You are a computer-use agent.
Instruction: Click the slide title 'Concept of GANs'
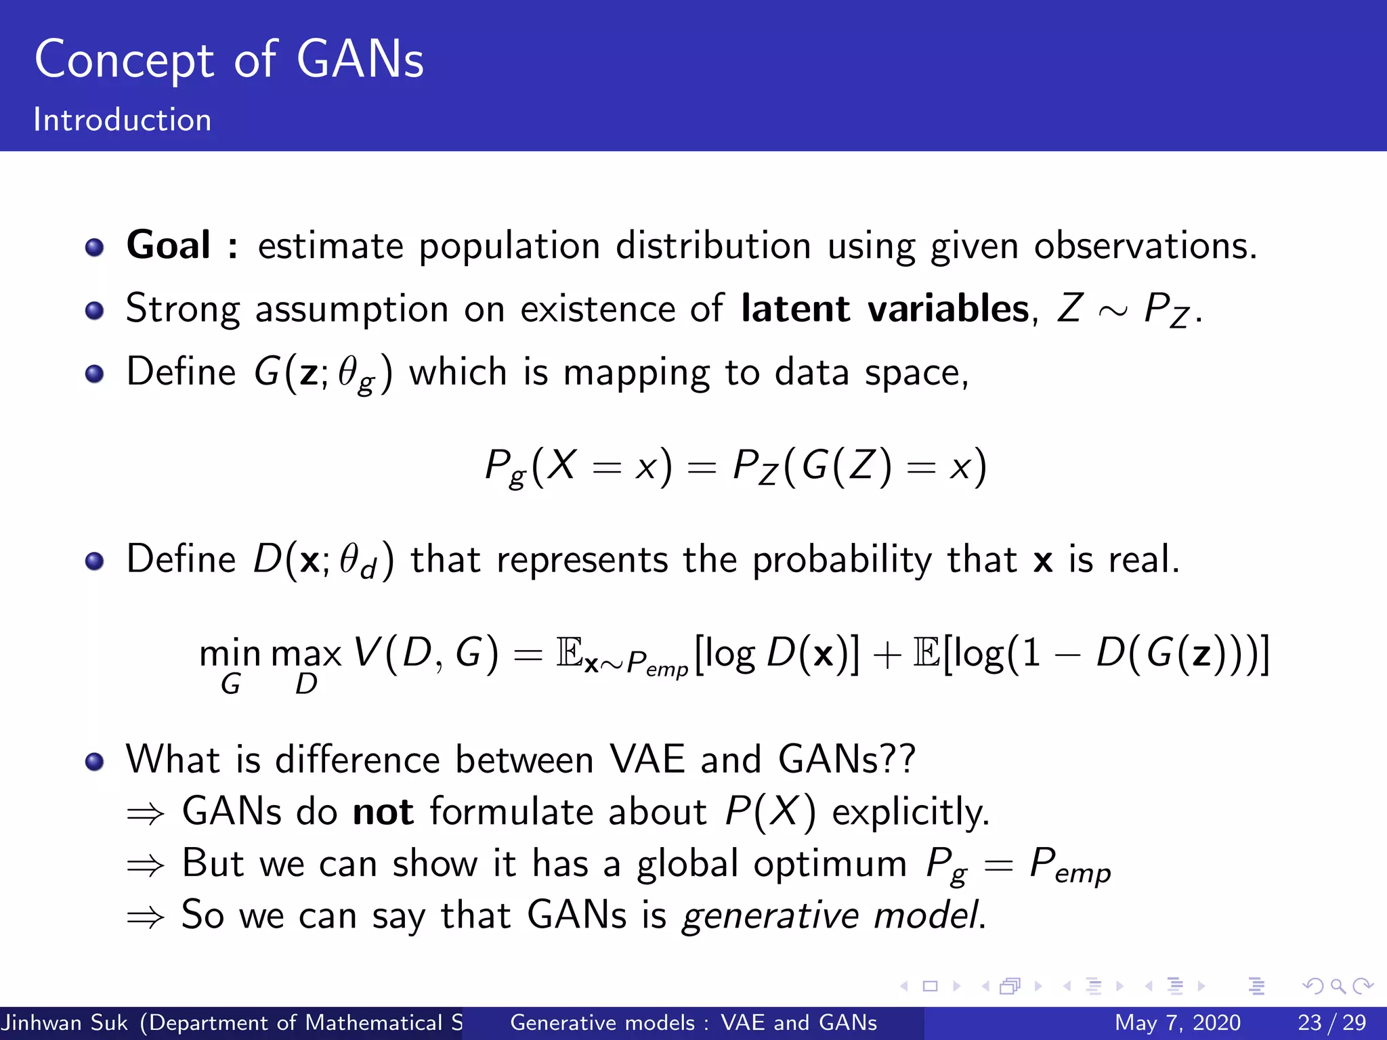pyautogui.click(x=229, y=60)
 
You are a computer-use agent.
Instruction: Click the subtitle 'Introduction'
pyautogui.click(x=123, y=120)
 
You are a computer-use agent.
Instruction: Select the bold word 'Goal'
pyautogui.click(x=168, y=245)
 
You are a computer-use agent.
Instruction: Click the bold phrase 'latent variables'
pyautogui.click(x=885, y=309)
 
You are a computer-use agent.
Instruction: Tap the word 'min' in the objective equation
pyautogui.click(x=230, y=654)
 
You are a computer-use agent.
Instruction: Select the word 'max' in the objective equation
pyautogui.click(x=306, y=654)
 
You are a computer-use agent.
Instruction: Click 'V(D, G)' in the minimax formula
pyautogui.click(x=426, y=654)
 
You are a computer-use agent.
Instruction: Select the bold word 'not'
pyautogui.click(x=383, y=811)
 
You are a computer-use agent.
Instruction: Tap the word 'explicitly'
pyautogui.click(x=910, y=812)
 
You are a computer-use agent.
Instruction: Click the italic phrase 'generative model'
pyautogui.click(x=832, y=915)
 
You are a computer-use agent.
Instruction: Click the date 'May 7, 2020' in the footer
pyautogui.click(x=1177, y=1022)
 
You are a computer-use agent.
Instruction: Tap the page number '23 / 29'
pyautogui.click(x=1331, y=1022)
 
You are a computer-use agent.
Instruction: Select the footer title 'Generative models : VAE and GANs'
pyautogui.click(x=693, y=1022)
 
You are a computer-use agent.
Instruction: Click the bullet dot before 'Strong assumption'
pyautogui.click(x=95, y=311)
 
